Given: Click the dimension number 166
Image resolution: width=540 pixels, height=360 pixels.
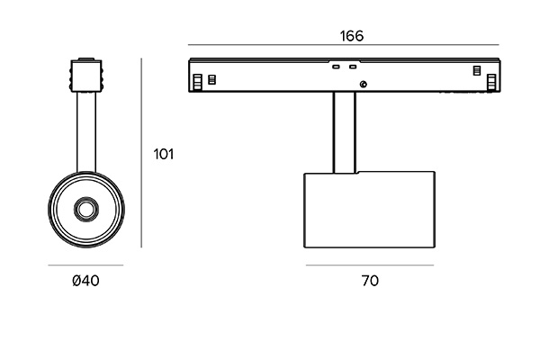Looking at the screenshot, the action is [x=352, y=36].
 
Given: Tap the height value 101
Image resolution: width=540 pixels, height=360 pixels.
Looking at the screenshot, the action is [x=164, y=154].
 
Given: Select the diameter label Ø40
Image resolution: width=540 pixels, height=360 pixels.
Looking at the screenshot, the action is [x=85, y=281].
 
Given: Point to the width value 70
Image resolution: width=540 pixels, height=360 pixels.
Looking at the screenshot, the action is [x=370, y=281].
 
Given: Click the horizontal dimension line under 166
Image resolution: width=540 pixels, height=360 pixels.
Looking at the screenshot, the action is [x=344, y=45].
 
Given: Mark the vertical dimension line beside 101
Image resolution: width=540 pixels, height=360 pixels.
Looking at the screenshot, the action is [x=141, y=153].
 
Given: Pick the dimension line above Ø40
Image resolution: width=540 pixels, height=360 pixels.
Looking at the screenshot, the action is [x=85, y=265].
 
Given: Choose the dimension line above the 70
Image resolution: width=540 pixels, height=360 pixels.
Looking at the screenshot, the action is [x=370, y=265].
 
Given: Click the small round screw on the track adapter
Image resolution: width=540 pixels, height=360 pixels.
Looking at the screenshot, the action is [x=363, y=84].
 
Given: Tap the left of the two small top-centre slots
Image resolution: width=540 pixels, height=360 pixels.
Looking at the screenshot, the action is [x=336, y=67].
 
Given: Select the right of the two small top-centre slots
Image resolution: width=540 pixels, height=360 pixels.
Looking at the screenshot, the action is [x=353, y=67].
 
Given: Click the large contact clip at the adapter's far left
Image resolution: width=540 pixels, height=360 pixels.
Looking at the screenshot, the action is [x=197, y=82].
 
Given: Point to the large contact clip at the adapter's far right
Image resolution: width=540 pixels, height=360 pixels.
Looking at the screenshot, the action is [x=491, y=83].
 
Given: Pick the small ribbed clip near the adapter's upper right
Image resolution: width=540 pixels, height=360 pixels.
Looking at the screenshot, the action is [x=477, y=70].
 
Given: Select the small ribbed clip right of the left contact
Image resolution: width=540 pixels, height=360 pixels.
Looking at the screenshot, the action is [x=212, y=79].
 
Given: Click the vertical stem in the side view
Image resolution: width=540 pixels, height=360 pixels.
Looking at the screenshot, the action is [x=344, y=132].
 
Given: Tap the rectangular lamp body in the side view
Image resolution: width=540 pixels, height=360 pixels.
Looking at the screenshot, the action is [x=370, y=210].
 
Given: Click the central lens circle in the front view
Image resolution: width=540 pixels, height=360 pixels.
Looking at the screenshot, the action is [x=86, y=210].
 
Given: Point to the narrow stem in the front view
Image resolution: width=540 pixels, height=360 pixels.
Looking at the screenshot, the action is [x=86, y=132].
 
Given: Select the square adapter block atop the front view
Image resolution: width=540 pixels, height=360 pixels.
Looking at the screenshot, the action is [x=86, y=76].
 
